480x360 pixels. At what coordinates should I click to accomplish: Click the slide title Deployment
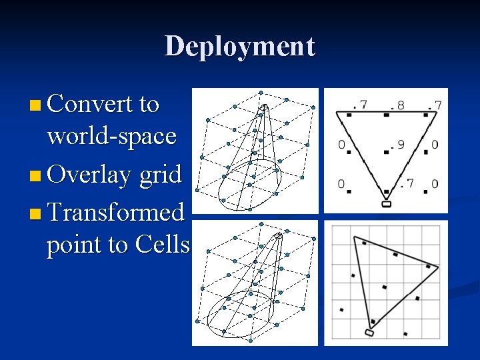239,46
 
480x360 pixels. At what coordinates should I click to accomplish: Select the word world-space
111,136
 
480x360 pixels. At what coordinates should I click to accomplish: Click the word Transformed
116,213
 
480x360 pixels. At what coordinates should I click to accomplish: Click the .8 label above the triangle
397,105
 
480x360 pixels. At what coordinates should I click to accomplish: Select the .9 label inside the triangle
397,144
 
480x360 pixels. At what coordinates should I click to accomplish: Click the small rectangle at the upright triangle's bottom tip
386,204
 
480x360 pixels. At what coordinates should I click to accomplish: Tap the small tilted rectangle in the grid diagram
369,332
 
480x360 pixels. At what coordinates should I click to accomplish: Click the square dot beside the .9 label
386,153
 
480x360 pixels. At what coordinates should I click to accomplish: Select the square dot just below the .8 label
386,115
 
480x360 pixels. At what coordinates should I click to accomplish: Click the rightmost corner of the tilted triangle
438,267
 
